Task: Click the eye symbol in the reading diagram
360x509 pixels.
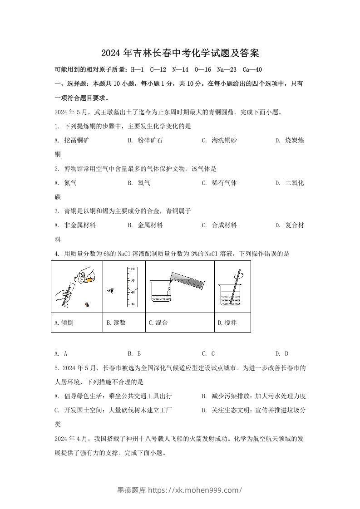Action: [110, 290]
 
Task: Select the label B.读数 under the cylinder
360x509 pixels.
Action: [116, 323]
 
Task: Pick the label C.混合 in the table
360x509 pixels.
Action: [158, 323]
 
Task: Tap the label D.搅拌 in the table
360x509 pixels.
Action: [227, 323]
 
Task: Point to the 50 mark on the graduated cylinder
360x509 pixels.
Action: [133, 280]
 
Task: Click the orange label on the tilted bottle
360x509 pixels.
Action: [90, 280]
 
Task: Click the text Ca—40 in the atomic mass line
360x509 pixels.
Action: [252, 69]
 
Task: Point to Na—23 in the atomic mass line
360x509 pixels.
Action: [227, 69]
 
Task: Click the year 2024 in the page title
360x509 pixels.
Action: [110, 53]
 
